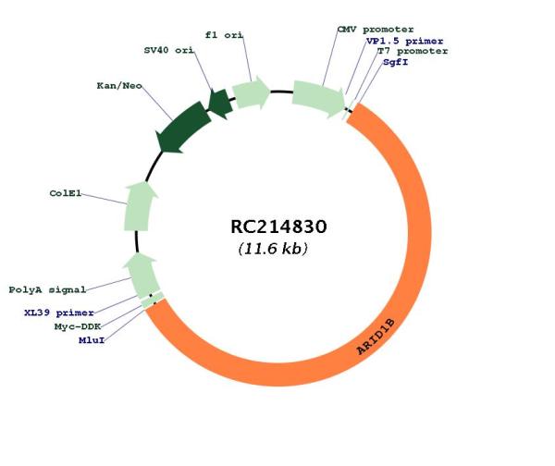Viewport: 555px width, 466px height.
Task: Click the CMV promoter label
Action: click(376, 30)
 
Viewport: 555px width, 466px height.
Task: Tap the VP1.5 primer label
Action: click(404, 41)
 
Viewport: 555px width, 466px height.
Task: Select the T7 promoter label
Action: click(413, 51)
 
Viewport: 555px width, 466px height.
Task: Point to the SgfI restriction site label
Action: click(395, 62)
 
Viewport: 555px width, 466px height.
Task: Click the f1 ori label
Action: click(224, 35)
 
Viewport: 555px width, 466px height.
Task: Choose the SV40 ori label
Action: click(169, 50)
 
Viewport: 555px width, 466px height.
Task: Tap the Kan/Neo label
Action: click(119, 86)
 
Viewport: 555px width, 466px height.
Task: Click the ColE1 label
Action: click(66, 193)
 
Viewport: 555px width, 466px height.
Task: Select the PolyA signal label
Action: click(47, 289)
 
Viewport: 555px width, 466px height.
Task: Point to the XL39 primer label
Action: click(59, 313)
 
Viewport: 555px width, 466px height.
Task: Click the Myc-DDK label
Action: click(78, 326)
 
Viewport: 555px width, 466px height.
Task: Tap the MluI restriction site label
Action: click(92, 340)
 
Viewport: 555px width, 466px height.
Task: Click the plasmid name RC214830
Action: click(278, 227)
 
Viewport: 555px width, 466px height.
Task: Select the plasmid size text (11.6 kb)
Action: click(273, 249)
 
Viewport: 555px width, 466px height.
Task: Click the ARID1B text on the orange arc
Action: click(376, 337)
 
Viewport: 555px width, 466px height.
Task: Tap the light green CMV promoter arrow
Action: click(318, 98)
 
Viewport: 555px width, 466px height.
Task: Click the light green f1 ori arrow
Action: click(251, 92)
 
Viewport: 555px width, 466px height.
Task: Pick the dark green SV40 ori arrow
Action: click(220, 104)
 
